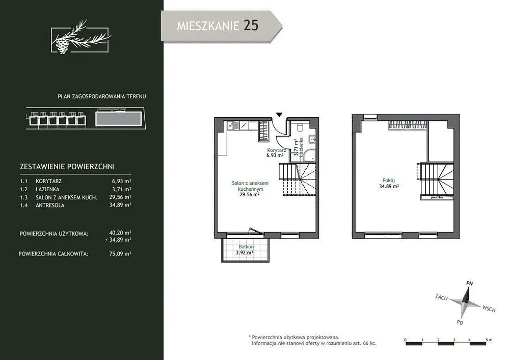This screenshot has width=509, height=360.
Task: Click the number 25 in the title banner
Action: coord(251,25)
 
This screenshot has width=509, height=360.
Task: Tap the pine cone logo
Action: coord(62,45)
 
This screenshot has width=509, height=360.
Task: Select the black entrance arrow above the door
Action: coord(279,114)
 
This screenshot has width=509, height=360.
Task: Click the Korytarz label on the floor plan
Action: coord(277,150)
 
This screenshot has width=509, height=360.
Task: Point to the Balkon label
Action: coord(246,247)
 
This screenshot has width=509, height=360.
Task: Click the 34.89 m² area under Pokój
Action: coord(389,186)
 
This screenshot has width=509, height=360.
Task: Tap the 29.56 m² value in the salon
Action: coord(249,195)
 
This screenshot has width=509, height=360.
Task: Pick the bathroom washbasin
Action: coord(312,139)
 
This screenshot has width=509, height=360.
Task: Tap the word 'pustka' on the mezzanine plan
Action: coord(437,197)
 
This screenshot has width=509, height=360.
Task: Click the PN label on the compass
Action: coord(469,283)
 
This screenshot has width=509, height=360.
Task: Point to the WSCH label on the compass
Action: coord(489,308)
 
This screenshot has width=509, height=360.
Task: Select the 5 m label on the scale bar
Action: coord(489,340)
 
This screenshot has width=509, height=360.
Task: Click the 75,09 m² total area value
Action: coord(120,254)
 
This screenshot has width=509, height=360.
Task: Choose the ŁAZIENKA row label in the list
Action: coord(47,189)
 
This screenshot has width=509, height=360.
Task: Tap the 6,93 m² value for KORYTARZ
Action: coord(121,181)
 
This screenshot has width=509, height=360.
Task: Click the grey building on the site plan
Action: coord(119,119)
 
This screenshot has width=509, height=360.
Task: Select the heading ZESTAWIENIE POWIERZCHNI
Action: coord(67,167)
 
